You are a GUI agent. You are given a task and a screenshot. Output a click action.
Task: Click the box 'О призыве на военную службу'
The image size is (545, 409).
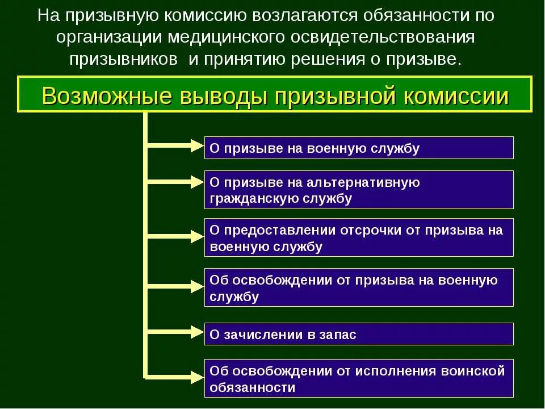click(x=359, y=148)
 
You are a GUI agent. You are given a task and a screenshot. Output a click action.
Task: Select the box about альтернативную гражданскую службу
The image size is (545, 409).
click(x=359, y=190)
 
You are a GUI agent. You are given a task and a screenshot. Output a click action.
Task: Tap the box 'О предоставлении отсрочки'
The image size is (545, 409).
click(x=359, y=238)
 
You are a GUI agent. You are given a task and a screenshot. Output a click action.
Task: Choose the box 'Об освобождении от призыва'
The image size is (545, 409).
click(x=359, y=287)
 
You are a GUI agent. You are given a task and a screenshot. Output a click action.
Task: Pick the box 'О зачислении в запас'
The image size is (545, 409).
click(x=359, y=334)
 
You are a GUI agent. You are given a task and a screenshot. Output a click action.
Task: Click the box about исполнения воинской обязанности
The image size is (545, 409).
click(x=359, y=379)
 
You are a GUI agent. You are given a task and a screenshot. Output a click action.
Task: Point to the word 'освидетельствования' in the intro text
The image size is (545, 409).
click(x=391, y=37)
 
